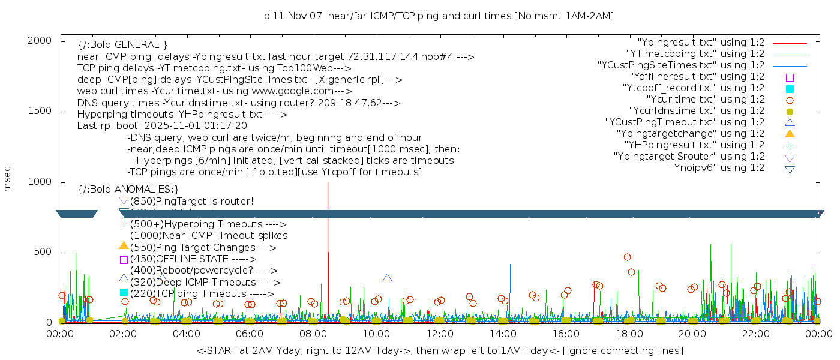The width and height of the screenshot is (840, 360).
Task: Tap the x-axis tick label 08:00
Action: tap(313, 334)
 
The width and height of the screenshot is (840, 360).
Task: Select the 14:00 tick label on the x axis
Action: tap(502, 334)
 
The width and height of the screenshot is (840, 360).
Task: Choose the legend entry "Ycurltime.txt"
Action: tap(705, 99)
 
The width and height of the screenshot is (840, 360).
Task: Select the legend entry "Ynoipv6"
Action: tap(717, 167)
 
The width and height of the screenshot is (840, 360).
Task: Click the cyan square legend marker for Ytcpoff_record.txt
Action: tap(790, 88)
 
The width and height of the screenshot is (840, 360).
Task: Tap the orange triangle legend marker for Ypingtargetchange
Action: tap(790, 133)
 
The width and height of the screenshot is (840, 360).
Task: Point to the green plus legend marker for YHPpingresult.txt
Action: tap(790, 145)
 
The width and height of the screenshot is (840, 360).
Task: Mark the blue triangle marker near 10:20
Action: tap(388, 278)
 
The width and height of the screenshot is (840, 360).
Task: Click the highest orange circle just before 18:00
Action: tap(627, 257)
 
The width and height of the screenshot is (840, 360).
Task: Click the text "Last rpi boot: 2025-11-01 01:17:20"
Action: tap(162, 126)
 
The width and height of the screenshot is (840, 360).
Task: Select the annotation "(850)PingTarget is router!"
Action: tap(191, 201)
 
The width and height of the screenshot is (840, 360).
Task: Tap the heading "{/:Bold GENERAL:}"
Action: tap(122, 45)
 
